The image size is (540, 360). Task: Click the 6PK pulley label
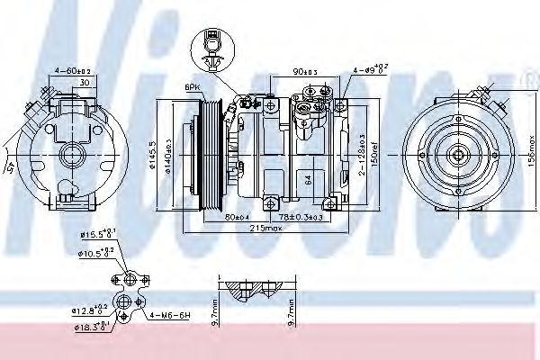click(192, 87)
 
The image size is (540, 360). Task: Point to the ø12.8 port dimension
click(94, 310)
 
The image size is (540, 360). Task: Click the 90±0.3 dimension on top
click(306, 71)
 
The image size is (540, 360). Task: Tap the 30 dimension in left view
click(84, 83)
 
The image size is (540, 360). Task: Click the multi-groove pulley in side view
click(211, 148)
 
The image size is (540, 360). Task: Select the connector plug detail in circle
click(210, 46)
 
